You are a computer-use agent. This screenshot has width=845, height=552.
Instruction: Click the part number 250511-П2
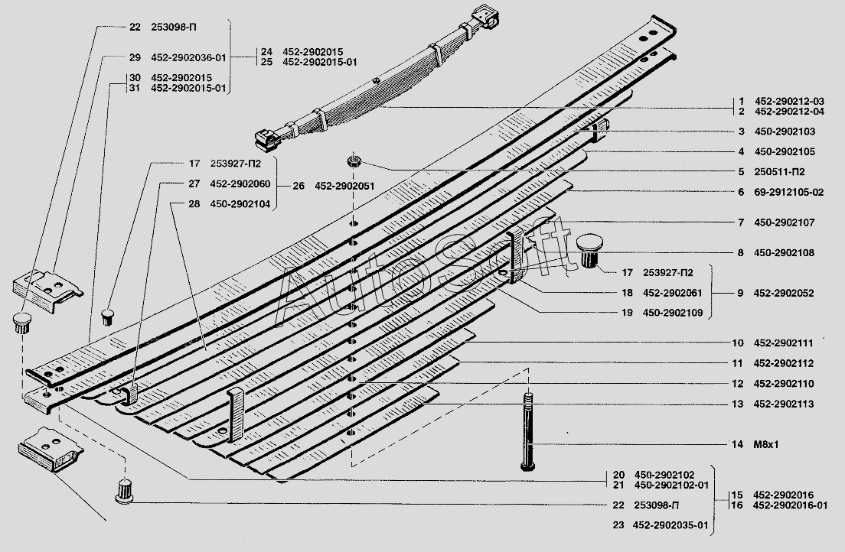780,172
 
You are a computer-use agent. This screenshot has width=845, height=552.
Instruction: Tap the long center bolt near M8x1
528,432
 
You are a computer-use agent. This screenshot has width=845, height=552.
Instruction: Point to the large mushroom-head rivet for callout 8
589,250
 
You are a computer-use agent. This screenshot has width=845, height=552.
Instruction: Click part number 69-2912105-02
789,192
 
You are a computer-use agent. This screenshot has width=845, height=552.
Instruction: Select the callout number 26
299,186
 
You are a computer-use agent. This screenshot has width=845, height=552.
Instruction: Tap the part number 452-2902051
344,186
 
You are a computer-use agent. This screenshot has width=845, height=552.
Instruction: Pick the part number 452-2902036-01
188,57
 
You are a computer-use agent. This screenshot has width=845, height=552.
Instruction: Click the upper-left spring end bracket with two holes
47,290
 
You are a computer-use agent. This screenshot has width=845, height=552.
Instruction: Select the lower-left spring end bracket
50,448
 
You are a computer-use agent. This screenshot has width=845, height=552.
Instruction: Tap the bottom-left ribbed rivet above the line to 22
125,490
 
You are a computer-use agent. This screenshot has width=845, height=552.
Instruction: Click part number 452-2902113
784,404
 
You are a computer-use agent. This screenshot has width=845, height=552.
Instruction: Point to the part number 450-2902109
673,313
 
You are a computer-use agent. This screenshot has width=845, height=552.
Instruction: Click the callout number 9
740,293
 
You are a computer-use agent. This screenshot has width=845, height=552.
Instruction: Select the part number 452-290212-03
789,101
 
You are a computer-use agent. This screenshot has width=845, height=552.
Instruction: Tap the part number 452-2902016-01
790,505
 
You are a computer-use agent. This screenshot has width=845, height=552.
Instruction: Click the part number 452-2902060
240,183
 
